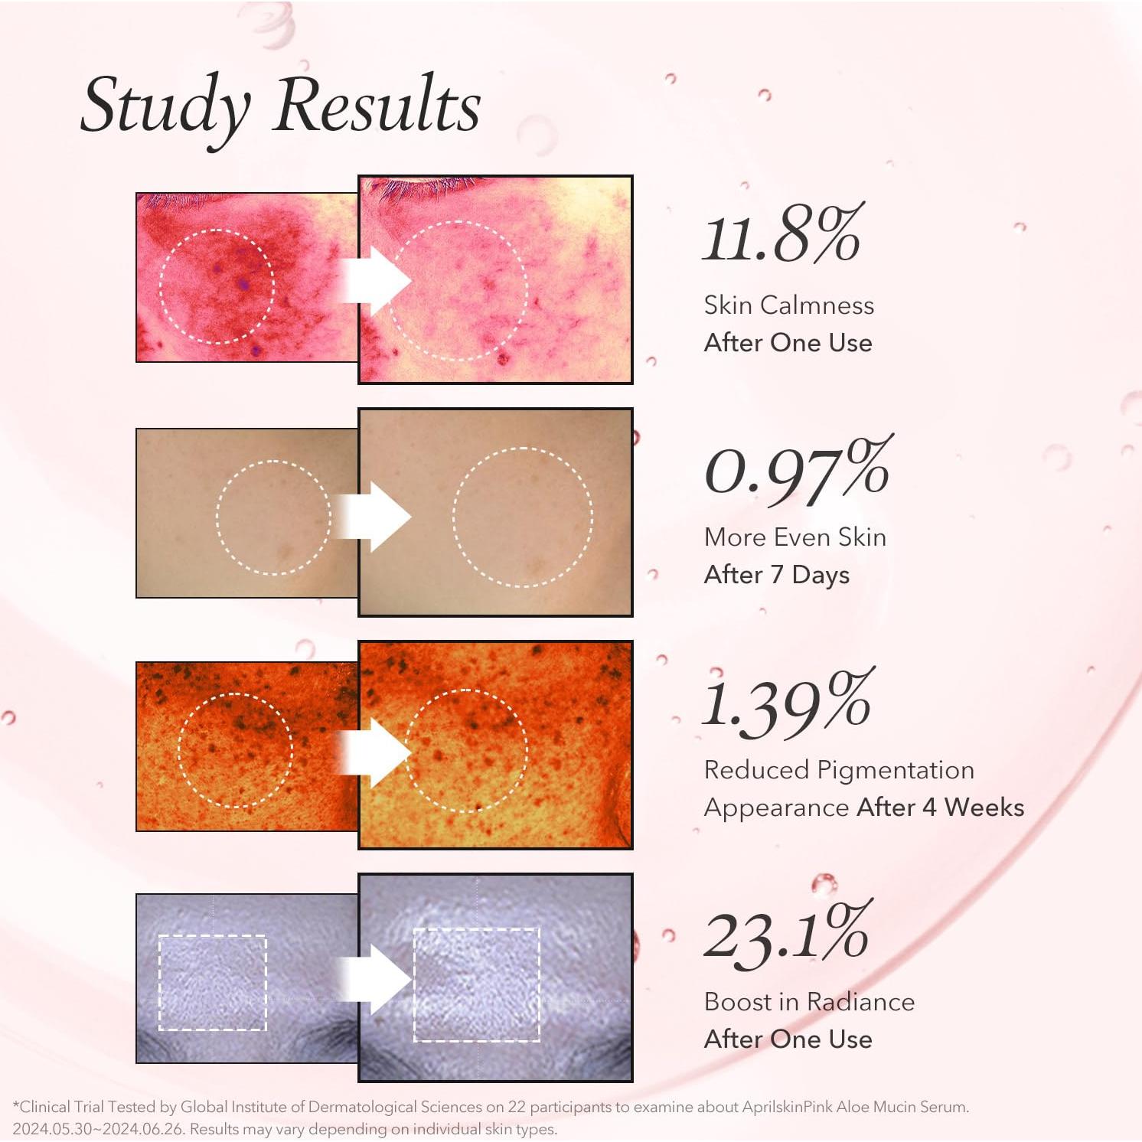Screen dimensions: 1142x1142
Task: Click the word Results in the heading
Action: (x=377, y=106)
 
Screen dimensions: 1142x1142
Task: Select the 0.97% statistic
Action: (x=797, y=468)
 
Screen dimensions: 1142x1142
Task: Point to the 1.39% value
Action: (x=788, y=702)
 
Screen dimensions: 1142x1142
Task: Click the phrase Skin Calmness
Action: (x=788, y=305)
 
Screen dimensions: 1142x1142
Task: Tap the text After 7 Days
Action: (x=776, y=575)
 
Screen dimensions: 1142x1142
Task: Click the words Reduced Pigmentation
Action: (x=839, y=770)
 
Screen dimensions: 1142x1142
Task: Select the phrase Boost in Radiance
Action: (x=809, y=1002)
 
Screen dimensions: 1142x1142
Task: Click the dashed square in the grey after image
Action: (x=477, y=984)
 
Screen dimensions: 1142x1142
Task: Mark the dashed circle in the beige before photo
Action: (x=273, y=517)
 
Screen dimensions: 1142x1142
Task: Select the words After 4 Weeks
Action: (x=941, y=808)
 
